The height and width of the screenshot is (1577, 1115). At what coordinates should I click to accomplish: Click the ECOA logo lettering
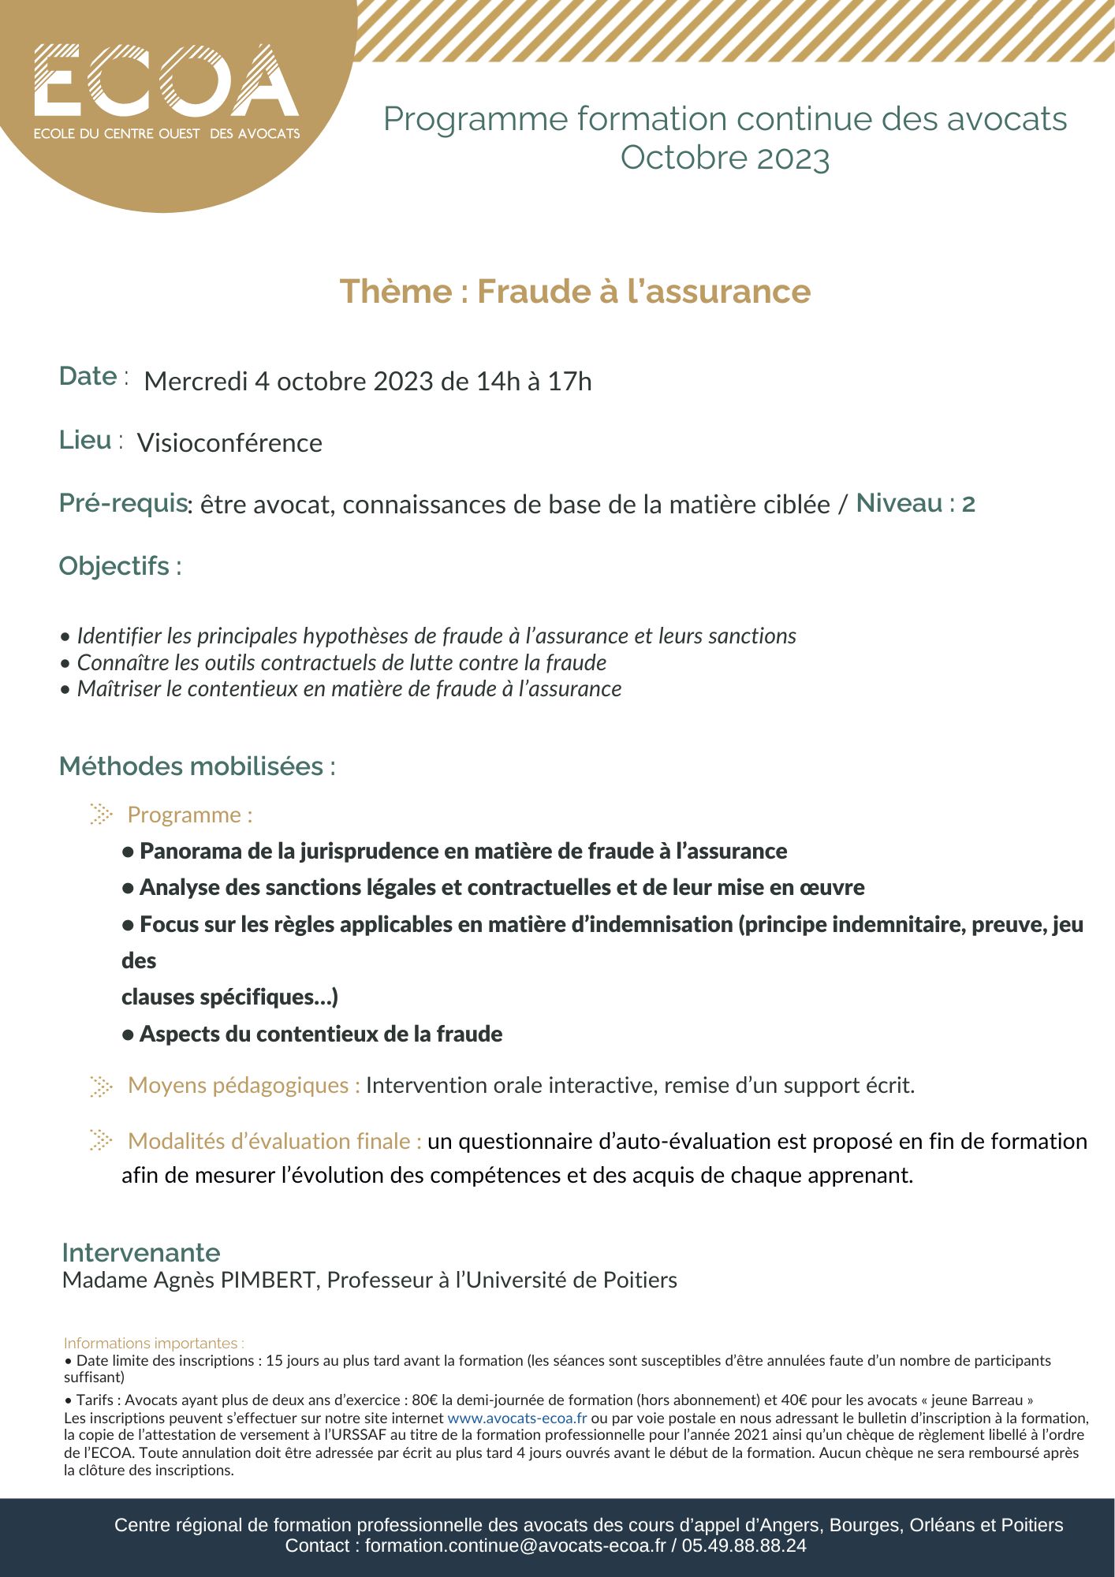pyautogui.click(x=166, y=80)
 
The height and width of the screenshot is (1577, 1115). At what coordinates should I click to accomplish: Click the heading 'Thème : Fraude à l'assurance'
pyautogui.click(x=575, y=291)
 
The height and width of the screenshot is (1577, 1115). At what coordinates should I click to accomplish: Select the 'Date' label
pyautogui.click(x=88, y=376)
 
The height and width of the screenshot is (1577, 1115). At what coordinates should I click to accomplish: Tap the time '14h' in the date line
pyautogui.click(x=498, y=382)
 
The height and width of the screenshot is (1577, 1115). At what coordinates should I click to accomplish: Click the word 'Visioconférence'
pyautogui.click(x=229, y=443)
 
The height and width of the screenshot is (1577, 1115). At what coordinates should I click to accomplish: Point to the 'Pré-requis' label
pyautogui.click(x=123, y=503)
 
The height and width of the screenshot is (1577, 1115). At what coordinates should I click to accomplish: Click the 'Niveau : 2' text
pyautogui.click(x=915, y=503)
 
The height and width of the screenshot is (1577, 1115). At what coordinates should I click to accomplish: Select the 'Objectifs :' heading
pyautogui.click(x=120, y=566)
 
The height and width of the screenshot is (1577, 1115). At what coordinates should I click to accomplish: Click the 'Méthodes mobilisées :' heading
pyautogui.click(x=197, y=766)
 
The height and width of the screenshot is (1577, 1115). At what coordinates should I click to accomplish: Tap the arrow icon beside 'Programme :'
pyautogui.click(x=101, y=814)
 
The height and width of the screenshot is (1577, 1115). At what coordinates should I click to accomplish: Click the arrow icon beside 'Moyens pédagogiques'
pyautogui.click(x=101, y=1086)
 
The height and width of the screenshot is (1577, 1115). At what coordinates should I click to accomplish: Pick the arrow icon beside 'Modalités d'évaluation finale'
pyautogui.click(x=101, y=1140)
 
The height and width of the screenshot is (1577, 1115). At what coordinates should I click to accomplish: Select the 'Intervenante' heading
pyautogui.click(x=141, y=1253)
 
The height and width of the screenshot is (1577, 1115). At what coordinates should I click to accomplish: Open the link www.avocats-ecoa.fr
pyautogui.click(x=516, y=1418)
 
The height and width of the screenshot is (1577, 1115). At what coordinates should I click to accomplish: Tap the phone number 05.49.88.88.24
pyautogui.click(x=744, y=1545)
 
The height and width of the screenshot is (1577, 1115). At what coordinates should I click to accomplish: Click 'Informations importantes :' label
pyautogui.click(x=154, y=1343)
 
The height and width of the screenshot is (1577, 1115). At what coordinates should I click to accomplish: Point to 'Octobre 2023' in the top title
pyautogui.click(x=725, y=158)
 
